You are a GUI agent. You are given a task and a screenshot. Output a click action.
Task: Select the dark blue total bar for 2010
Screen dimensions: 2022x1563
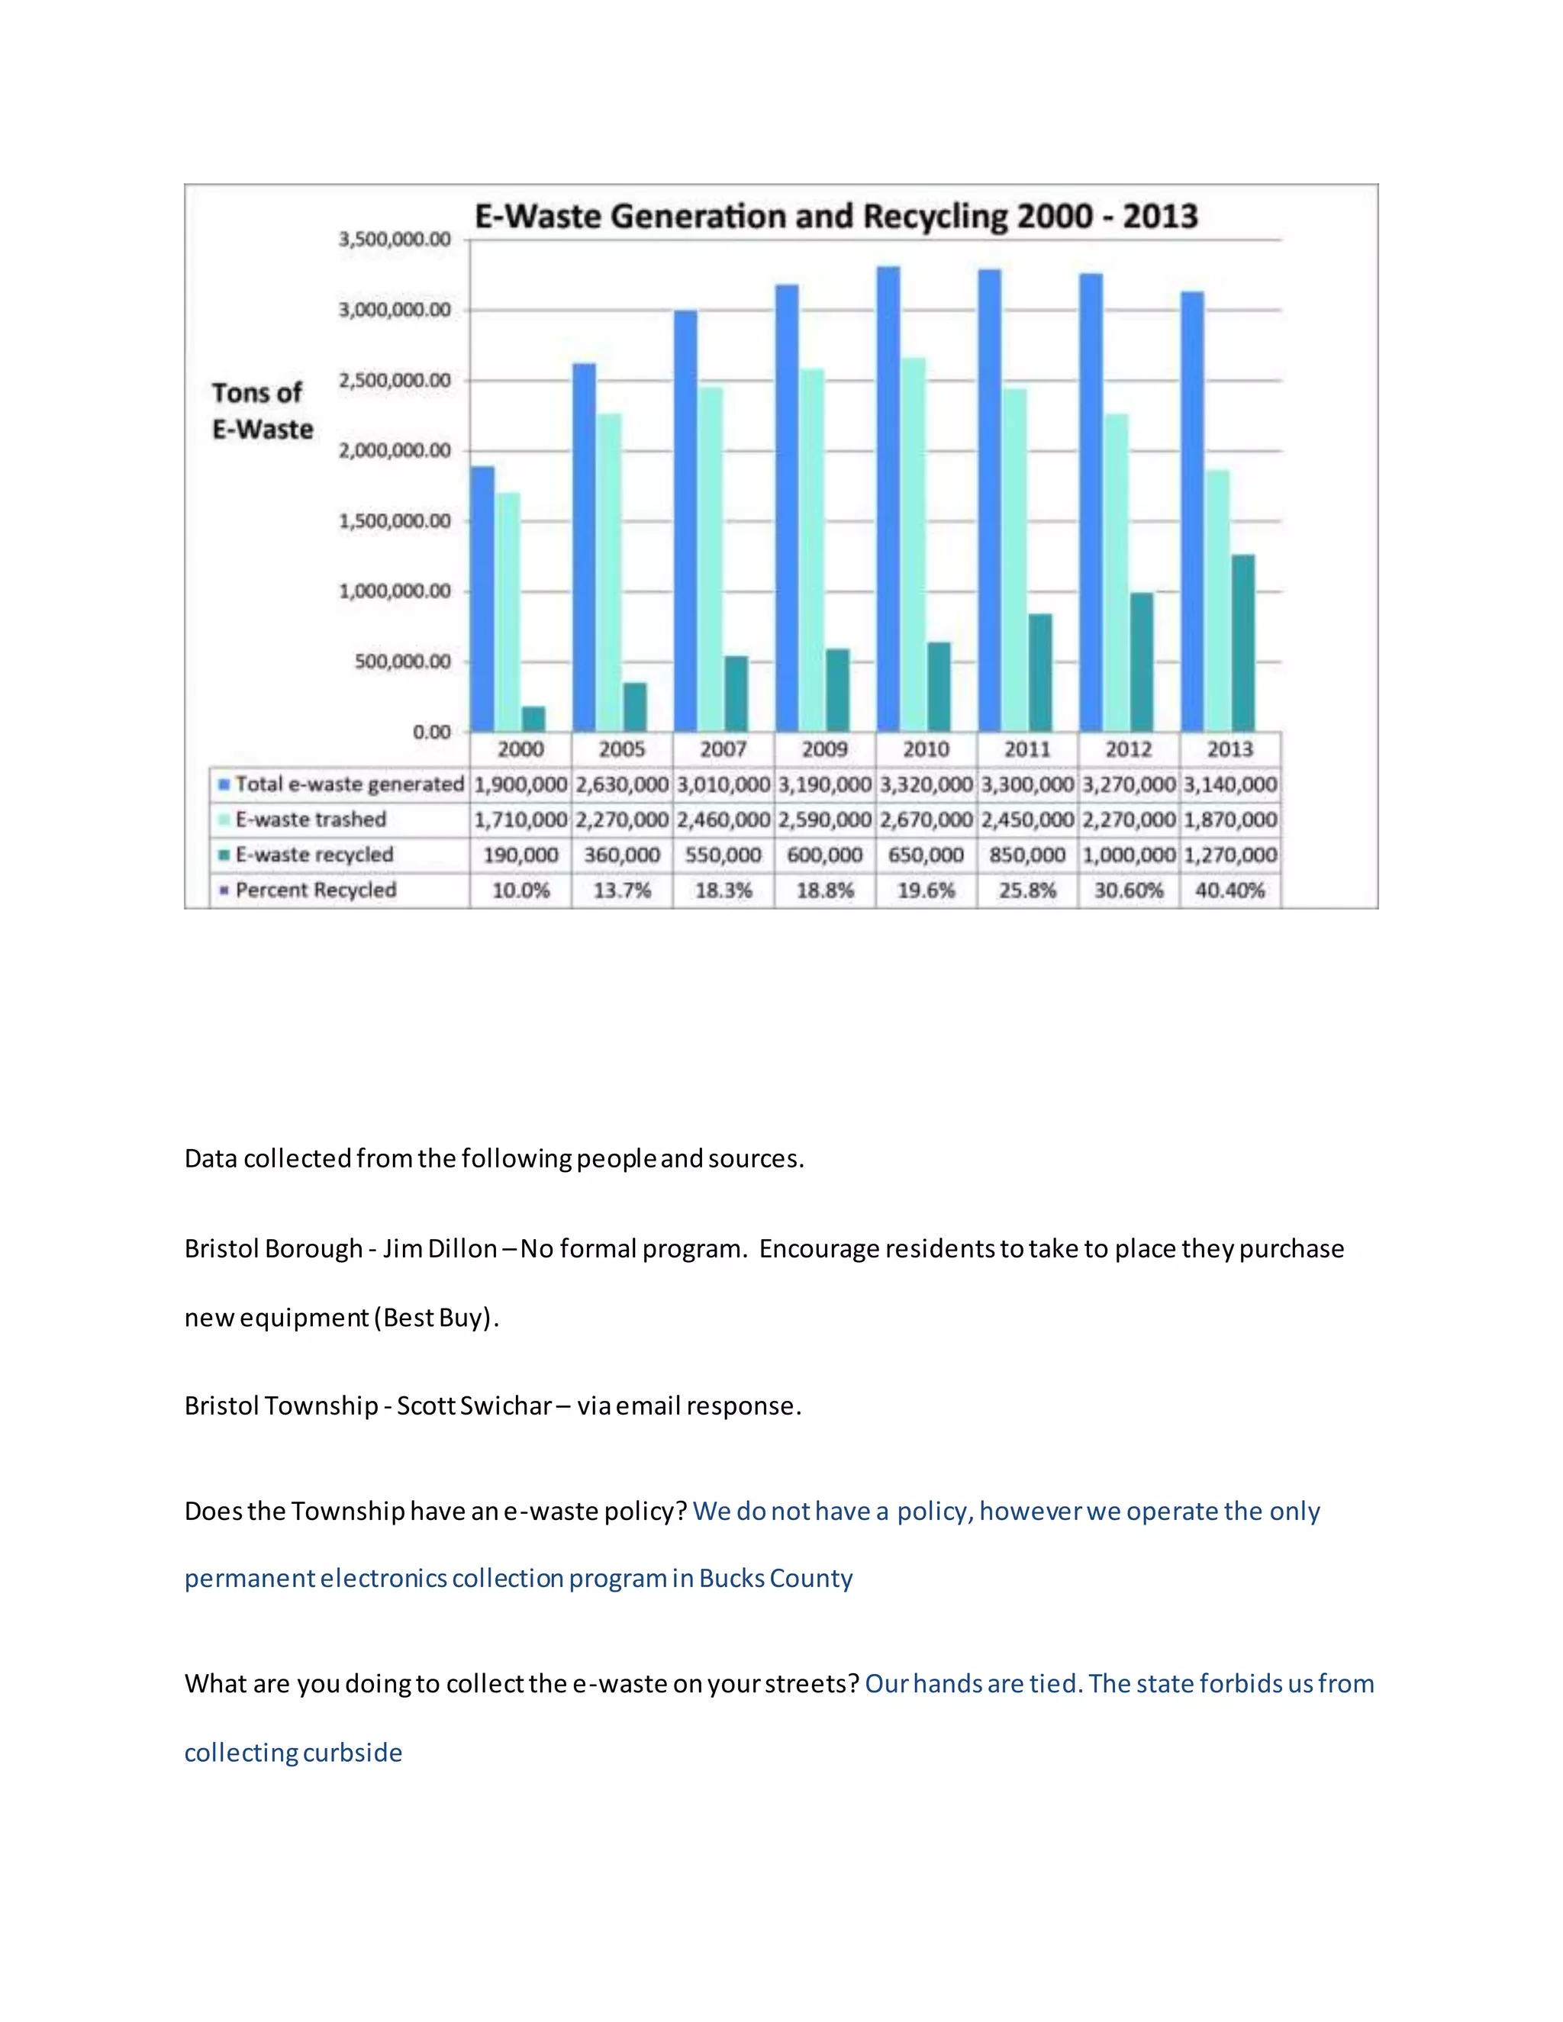pos(888,500)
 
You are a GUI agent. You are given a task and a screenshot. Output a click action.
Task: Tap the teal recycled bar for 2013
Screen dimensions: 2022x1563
pos(1242,642)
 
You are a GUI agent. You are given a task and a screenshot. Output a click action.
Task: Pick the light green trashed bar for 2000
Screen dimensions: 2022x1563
pos(508,611)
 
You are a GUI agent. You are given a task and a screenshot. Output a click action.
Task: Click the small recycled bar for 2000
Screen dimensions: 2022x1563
pos(533,719)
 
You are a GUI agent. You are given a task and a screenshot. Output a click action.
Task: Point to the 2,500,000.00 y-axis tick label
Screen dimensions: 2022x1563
pos(395,381)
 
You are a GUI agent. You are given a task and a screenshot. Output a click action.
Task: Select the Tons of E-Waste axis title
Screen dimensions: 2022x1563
pos(262,411)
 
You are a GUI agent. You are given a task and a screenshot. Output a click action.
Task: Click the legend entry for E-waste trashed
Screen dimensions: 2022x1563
pos(310,819)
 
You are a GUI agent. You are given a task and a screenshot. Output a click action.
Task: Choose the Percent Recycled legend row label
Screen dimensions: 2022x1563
pos(315,890)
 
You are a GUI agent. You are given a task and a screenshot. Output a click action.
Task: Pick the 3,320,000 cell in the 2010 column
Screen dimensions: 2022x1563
pos(926,784)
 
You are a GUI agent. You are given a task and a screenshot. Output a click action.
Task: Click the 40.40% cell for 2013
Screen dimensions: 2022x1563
pos(1229,890)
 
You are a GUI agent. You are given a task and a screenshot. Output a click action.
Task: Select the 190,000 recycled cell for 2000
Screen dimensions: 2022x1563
pos(520,855)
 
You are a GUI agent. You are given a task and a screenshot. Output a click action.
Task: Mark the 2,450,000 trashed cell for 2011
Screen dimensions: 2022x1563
pos(1027,819)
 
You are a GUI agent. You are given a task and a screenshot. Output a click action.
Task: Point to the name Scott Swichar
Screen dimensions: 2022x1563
pos(474,1405)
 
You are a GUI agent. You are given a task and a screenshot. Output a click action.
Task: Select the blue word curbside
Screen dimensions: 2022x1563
pos(352,1753)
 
